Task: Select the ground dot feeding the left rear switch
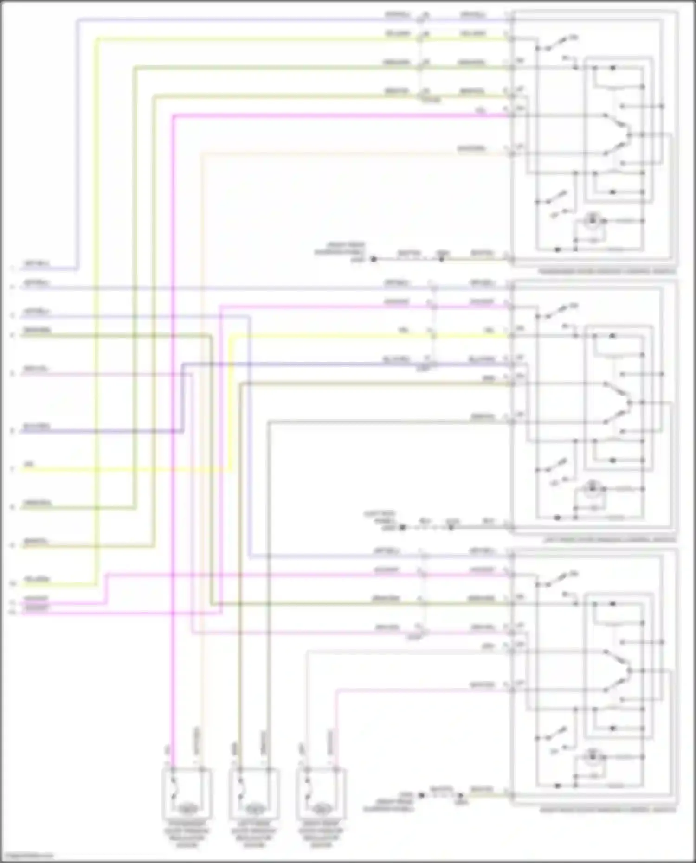[x=402, y=527]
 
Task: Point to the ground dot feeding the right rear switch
[x=421, y=795]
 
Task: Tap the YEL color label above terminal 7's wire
[x=29, y=464]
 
